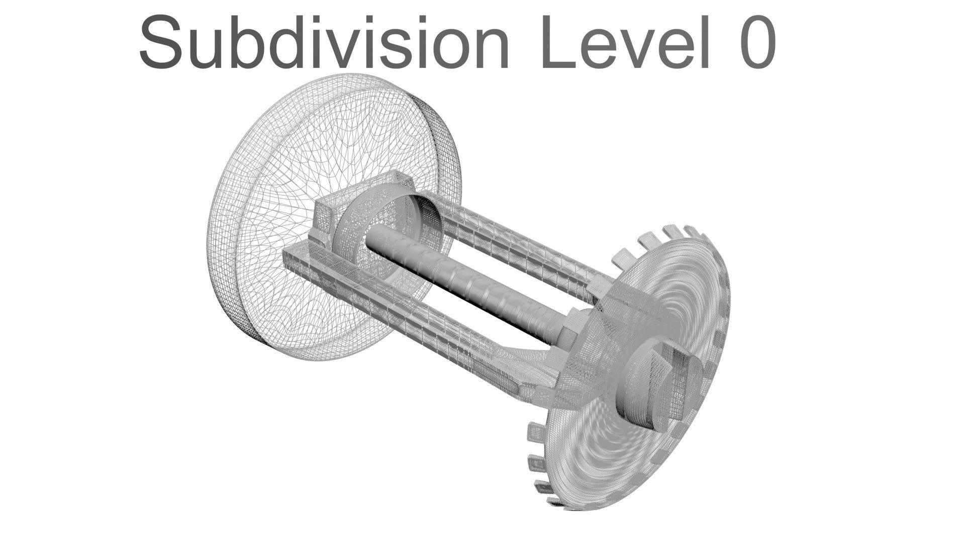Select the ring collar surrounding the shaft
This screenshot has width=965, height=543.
[x=352, y=221]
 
